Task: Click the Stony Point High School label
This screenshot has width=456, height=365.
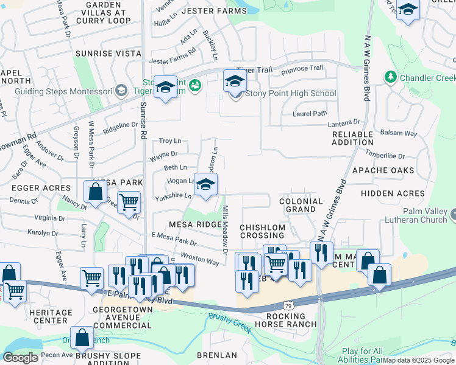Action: click(x=290, y=94)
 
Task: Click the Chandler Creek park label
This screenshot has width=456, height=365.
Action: click(x=427, y=78)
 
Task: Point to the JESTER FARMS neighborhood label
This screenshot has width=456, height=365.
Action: click(x=194, y=11)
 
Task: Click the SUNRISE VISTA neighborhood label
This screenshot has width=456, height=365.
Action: click(x=108, y=54)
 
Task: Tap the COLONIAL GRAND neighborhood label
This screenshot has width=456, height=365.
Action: click(x=301, y=205)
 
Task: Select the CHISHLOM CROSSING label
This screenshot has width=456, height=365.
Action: click(x=262, y=232)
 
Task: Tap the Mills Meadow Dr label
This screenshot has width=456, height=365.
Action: click(x=225, y=230)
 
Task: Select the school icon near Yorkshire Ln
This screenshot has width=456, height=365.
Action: click(x=206, y=185)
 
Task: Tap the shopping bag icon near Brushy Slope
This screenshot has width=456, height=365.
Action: click(x=82, y=338)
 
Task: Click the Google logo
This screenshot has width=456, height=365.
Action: click(x=21, y=358)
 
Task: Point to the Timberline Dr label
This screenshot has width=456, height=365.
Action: click(x=385, y=156)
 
